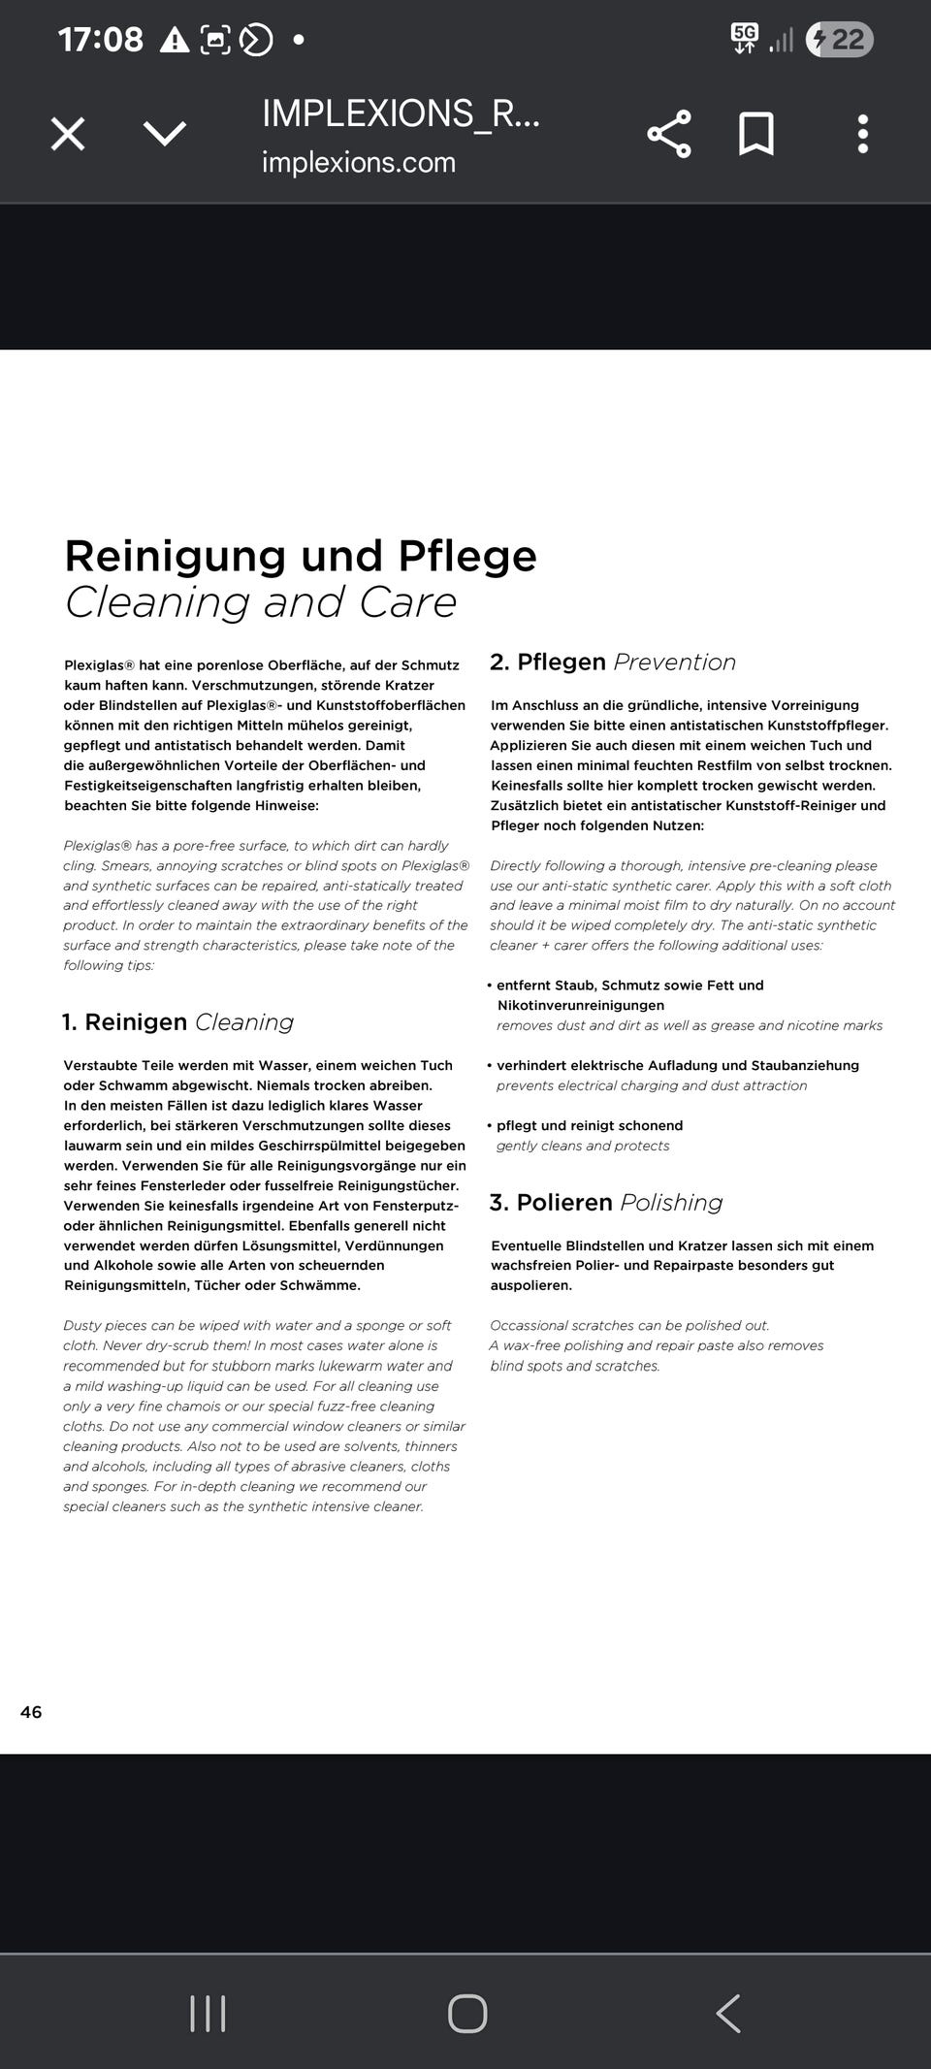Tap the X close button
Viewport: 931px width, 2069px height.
point(68,134)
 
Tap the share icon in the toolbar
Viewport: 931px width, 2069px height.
point(669,134)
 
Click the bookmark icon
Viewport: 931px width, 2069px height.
point(756,134)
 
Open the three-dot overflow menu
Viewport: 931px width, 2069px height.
point(862,134)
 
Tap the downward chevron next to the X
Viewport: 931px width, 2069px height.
point(165,134)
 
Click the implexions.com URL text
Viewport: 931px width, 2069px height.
point(358,162)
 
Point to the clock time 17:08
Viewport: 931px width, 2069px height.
point(100,40)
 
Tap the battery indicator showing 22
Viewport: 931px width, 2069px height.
point(840,40)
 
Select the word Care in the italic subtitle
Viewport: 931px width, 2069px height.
point(407,602)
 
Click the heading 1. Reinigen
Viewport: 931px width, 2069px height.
point(124,1022)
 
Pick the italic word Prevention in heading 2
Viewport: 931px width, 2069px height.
point(675,663)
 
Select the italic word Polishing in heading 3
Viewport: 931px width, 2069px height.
point(671,1203)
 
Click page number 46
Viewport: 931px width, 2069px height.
point(31,1712)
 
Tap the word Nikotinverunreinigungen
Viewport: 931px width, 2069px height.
point(580,1006)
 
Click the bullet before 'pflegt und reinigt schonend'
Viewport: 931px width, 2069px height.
point(490,1126)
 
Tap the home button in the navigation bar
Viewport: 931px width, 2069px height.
point(467,2013)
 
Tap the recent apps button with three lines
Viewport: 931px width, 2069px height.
point(208,2013)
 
